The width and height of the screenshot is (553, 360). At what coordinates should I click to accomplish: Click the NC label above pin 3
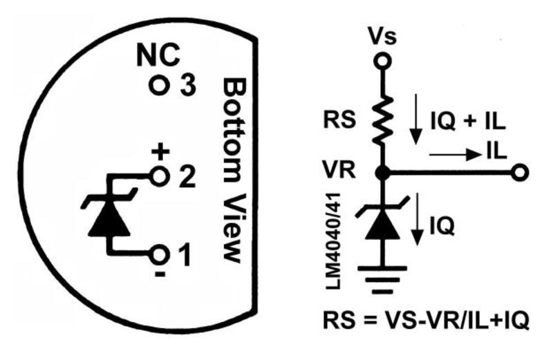click(158, 56)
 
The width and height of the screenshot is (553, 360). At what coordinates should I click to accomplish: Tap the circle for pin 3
click(158, 85)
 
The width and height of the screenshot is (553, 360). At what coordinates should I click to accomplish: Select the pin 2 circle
click(159, 178)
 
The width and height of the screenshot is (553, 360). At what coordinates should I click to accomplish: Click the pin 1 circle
click(159, 254)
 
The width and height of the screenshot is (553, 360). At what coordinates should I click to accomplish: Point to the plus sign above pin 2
click(160, 152)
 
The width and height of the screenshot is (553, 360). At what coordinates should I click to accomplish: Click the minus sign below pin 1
click(160, 274)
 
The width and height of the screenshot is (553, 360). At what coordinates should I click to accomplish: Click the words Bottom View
click(233, 170)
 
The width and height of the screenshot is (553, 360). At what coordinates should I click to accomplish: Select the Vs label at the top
click(382, 37)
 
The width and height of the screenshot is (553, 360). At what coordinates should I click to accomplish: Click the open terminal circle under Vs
click(382, 61)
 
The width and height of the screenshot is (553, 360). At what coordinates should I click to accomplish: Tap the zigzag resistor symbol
click(383, 120)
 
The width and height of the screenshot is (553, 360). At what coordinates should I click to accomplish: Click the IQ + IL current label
click(468, 122)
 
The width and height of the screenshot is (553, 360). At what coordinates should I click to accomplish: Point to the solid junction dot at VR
click(382, 173)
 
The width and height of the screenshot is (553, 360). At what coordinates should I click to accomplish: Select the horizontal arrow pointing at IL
click(456, 155)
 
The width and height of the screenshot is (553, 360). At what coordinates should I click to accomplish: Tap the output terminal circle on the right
click(519, 173)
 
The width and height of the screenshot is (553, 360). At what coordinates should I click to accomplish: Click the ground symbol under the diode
click(382, 281)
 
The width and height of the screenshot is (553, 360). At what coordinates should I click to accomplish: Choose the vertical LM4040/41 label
click(333, 241)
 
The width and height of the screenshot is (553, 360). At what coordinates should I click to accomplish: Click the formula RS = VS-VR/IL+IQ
click(426, 321)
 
